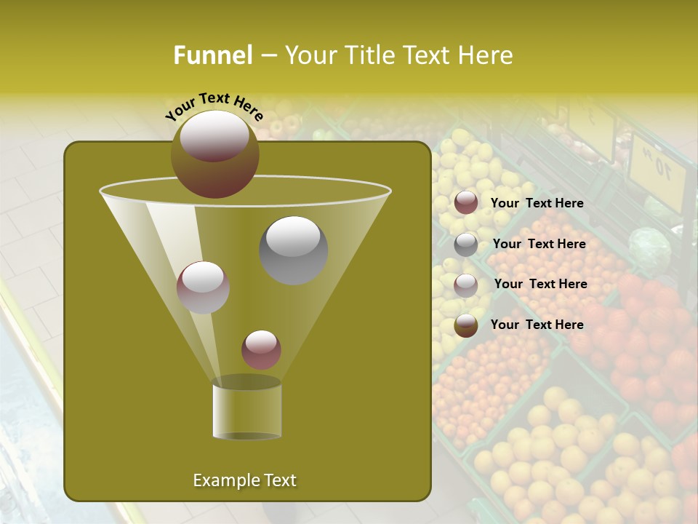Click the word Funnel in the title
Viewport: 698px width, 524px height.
coord(212,55)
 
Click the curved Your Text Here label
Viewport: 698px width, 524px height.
coord(214,106)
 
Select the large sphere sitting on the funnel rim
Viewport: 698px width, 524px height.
coord(214,154)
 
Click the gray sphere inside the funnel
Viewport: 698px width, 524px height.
coord(293,250)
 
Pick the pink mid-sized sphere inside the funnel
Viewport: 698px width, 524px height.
coord(203,287)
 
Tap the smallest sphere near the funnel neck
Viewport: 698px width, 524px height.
coord(261,349)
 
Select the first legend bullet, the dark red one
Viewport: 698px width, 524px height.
coord(466,203)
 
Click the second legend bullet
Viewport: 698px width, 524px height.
coord(466,245)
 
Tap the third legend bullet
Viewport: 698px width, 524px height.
coord(466,285)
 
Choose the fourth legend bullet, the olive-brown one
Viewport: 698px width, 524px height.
coord(466,325)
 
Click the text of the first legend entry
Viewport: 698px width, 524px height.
coord(537,203)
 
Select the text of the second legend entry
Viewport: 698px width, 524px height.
coord(539,244)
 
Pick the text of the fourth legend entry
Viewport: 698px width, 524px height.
coord(537,325)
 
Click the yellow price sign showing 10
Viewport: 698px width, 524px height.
coord(657,172)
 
